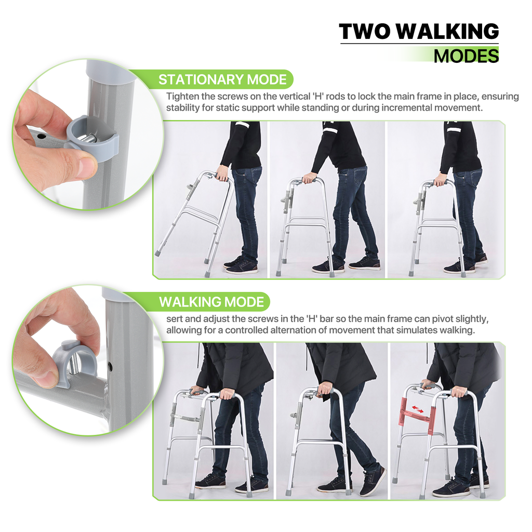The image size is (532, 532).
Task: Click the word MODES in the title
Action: [466, 56]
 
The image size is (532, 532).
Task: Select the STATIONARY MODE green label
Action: [222, 79]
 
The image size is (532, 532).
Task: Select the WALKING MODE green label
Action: [211, 302]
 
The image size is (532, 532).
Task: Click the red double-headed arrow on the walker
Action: [417, 409]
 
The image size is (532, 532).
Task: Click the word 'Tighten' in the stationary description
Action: [182, 97]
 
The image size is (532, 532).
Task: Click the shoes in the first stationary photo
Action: [241, 265]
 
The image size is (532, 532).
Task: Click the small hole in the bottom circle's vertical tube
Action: [111, 366]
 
